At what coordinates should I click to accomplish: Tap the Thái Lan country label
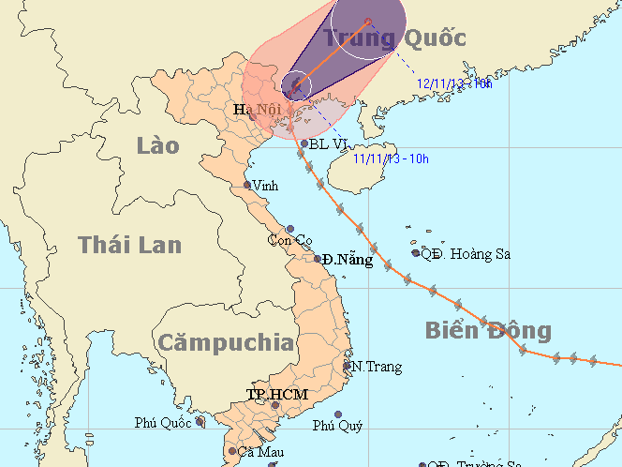click(x=129, y=245)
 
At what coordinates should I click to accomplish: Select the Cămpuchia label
click(x=225, y=341)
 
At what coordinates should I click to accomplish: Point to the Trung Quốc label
click(x=394, y=38)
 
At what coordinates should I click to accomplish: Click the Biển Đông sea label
click(x=487, y=330)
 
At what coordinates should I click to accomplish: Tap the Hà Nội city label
click(x=257, y=111)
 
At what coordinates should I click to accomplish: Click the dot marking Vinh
click(x=248, y=185)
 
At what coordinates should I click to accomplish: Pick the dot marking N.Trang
click(x=348, y=366)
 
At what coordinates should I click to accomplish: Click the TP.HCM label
click(x=275, y=394)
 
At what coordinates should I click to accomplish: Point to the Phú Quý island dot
click(x=338, y=414)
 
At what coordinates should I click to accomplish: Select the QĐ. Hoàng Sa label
click(x=465, y=253)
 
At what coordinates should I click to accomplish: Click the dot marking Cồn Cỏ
click(x=291, y=229)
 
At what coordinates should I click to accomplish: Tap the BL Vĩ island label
click(x=329, y=144)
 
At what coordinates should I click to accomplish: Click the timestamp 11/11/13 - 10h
click(x=391, y=158)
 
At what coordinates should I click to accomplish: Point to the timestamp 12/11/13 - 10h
click(x=454, y=83)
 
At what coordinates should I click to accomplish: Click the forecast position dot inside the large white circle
click(x=368, y=22)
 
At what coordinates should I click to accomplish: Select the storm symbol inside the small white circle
click(x=296, y=85)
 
